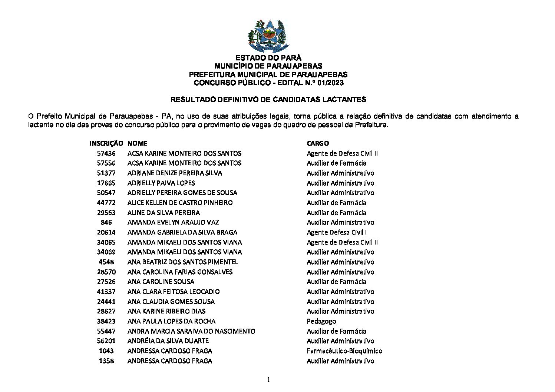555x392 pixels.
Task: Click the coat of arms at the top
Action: click(x=266, y=36)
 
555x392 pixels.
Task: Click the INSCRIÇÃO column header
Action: click(x=106, y=143)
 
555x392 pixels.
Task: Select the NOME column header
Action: click(x=137, y=143)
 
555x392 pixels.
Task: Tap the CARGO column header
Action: click(x=318, y=143)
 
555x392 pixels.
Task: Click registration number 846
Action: click(x=106, y=223)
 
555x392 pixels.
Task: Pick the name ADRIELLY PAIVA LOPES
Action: click(x=161, y=183)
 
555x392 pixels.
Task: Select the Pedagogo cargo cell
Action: click(x=321, y=321)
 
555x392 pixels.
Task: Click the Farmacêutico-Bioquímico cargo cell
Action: click(x=344, y=351)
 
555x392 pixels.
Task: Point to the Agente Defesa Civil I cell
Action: click(x=337, y=232)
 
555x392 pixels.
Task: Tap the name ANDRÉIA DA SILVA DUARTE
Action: click(x=168, y=341)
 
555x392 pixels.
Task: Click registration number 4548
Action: click(x=106, y=262)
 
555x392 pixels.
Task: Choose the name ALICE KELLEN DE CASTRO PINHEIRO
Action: click(x=180, y=203)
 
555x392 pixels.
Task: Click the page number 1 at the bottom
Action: click(x=269, y=379)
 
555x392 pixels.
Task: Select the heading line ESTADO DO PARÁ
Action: click(x=269, y=58)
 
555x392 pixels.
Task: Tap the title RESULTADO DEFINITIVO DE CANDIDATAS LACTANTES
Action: click(x=268, y=99)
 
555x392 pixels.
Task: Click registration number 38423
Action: click(x=106, y=321)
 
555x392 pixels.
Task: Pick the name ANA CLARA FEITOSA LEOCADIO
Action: click(x=174, y=292)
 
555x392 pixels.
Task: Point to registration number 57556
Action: click(x=106, y=163)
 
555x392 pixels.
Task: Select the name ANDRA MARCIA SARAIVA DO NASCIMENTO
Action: click(x=191, y=331)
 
